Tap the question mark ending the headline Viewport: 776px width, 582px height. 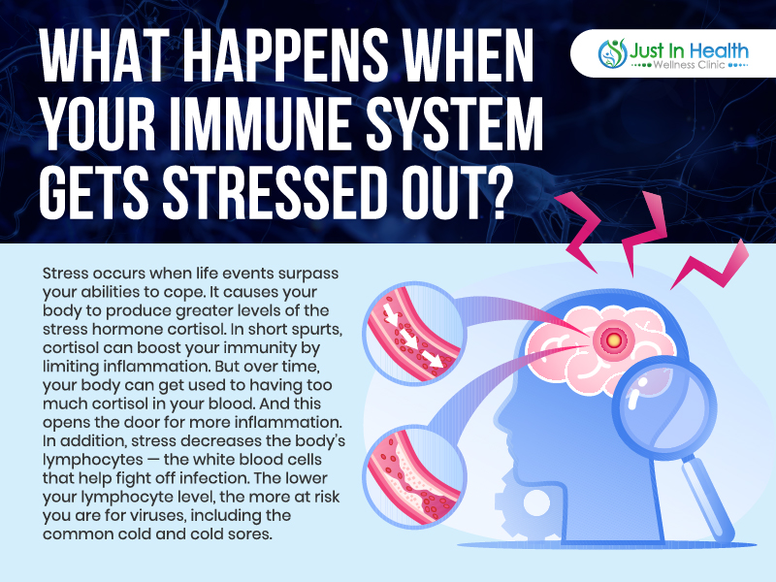pyautogui.click(x=492, y=192)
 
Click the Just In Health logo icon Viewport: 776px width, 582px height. pyautogui.click(x=612, y=53)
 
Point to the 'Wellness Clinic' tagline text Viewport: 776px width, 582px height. pyautogui.click(x=689, y=65)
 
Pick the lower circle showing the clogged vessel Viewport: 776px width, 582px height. pyautogui.click(x=415, y=476)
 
